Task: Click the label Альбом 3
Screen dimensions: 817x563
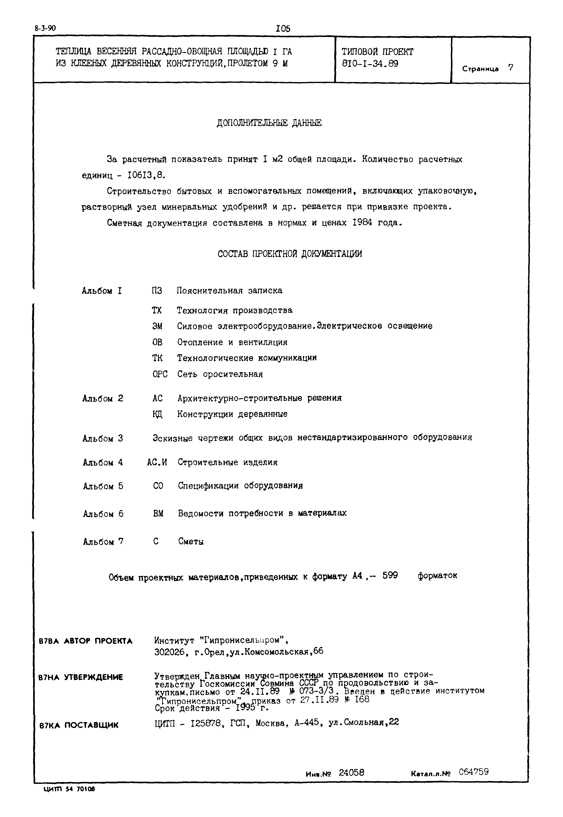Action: click(103, 438)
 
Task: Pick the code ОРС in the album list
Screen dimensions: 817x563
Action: click(160, 374)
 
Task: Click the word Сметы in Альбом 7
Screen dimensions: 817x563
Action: click(191, 542)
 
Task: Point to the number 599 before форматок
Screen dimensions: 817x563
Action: click(390, 576)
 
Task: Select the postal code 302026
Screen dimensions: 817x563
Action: click(169, 652)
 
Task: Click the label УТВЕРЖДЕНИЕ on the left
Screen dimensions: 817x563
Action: click(93, 677)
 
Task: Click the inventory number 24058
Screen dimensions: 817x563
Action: click(351, 773)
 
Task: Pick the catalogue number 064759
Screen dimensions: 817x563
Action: click(474, 772)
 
